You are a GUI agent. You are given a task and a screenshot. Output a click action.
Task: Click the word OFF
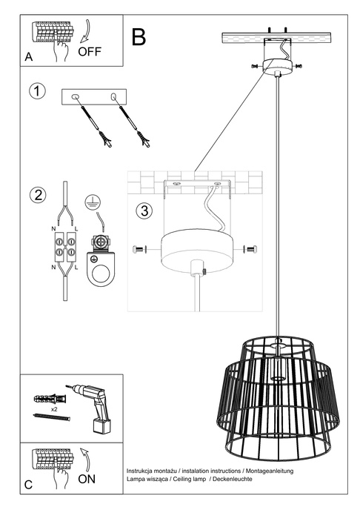90,52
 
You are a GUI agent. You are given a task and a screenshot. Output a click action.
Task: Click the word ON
87,479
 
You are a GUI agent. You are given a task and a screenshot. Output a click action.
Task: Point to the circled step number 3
144,211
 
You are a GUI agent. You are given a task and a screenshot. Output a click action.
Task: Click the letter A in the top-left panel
29,57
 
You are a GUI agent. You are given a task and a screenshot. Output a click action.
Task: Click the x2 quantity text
55,408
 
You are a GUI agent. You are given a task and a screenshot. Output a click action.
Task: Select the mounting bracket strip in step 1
94,96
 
